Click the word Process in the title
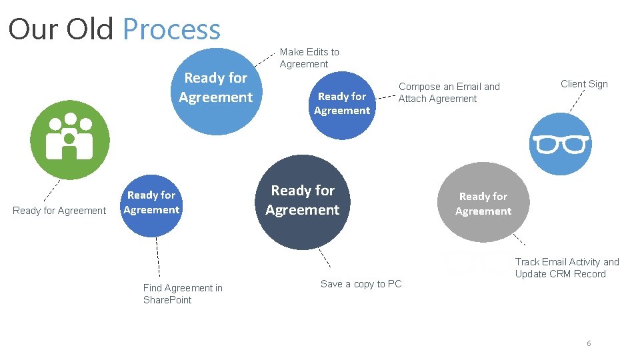[x=171, y=29]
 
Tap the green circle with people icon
[x=69, y=139]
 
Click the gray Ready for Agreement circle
[x=483, y=203]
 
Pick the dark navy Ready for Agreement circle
[x=302, y=201]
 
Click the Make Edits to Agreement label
[x=309, y=58]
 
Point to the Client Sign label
[x=584, y=84]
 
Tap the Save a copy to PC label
[x=361, y=284]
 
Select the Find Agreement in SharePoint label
[x=183, y=294]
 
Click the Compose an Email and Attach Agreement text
[x=449, y=93]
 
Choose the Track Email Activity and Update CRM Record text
[x=567, y=268]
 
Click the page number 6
[x=589, y=343]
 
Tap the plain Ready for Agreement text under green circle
[x=59, y=211]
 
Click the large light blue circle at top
[x=216, y=87]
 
